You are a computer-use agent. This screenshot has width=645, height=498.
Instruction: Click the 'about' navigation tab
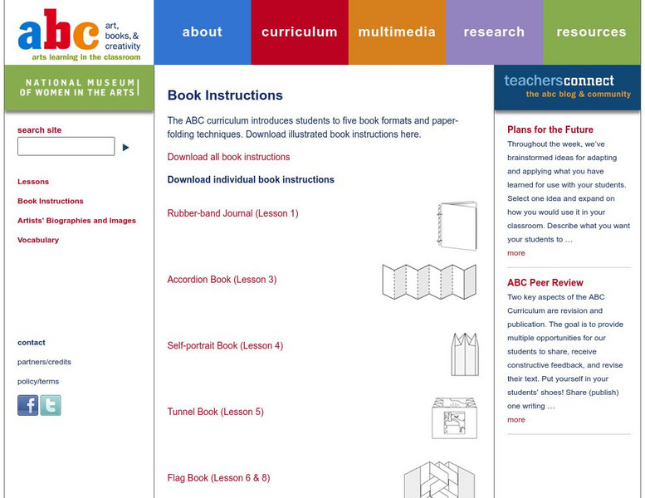pyautogui.click(x=202, y=32)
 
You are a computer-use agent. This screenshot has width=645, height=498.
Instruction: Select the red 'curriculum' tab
pyautogui.click(x=299, y=32)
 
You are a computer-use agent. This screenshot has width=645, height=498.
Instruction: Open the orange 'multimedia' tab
pyautogui.click(x=397, y=32)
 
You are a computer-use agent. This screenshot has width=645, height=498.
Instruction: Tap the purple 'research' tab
pyautogui.click(x=494, y=32)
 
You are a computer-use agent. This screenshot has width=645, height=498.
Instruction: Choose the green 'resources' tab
pyautogui.click(x=591, y=32)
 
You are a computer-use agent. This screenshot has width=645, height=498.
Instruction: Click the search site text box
pyautogui.click(x=66, y=147)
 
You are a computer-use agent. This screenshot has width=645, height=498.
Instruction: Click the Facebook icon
pyautogui.click(x=28, y=405)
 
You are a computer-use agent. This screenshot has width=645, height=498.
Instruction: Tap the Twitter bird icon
pyautogui.click(x=51, y=405)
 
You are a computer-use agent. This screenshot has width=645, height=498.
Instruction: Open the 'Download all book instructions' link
pyautogui.click(x=228, y=157)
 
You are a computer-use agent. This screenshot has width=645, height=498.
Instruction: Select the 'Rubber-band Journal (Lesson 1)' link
pyautogui.click(x=232, y=213)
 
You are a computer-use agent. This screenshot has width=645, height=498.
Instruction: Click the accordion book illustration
pyautogui.click(x=429, y=281)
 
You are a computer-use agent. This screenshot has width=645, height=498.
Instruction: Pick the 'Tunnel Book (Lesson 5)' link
pyautogui.click(x=215, y=412)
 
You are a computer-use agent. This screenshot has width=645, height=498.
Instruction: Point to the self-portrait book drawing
pyautogui.click(x=464, y=354)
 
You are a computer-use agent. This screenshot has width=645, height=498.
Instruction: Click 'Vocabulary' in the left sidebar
pyautogui.click(x=38, y=240)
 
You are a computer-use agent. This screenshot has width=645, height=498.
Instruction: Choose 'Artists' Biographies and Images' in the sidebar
pyautogui.click(x=76, y=221)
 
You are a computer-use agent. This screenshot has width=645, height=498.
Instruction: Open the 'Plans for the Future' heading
pyautogui.click(x=550, y=129)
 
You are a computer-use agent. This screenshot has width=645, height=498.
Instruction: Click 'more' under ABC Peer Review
pyautogui.click(x=516, y=420)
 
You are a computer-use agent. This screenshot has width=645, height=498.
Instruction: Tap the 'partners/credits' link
pyautogui.click(x=44, y=362)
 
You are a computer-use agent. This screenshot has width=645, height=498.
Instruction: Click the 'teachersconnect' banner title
pyautogui.click(x=559, y=81)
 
